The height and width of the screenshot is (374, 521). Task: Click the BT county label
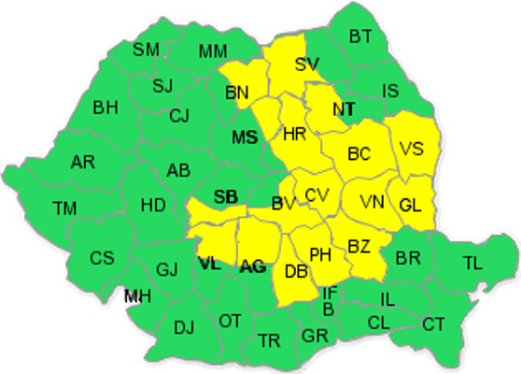pyautogui.click(x=360, y=36)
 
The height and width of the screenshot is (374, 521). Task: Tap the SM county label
pyautogui.click(x=146, y=50)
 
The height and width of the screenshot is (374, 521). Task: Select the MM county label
pyautogui.click(x=213, y=50)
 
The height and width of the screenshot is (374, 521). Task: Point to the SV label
pyautogui.click(x=306, y=65)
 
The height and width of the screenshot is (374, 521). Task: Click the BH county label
pyautogui.click(x=105, y=107)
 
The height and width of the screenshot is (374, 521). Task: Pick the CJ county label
pyautogui.click(x=180, y=116)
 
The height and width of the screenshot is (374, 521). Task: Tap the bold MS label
pyautogui.click(x=245, y=137)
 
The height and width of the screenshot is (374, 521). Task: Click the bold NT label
pyautogui.click(x=344, y=109)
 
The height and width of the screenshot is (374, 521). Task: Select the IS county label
pyautogui.click(x=390, y=91)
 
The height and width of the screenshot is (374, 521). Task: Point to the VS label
pyautogui.click(x=411, y=149)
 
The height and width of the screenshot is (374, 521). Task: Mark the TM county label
pyautogui.click(x=64, y=208)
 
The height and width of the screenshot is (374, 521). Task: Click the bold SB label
pyautogui.click(x=225, y=196)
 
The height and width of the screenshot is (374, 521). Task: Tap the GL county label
pyautogui.click(x=411, y=206)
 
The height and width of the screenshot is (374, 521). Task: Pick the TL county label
pyautogui.click(x=472, y=263)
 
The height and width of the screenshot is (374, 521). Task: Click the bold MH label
pyautogui.click(x=137, y=296)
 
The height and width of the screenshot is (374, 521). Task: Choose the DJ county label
pyautogui.click(x=184, y=327)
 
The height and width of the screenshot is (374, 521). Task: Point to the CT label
pyautogui.click(x=433, y=324)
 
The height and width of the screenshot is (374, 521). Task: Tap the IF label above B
pyautogui.click(x=331, y=294)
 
